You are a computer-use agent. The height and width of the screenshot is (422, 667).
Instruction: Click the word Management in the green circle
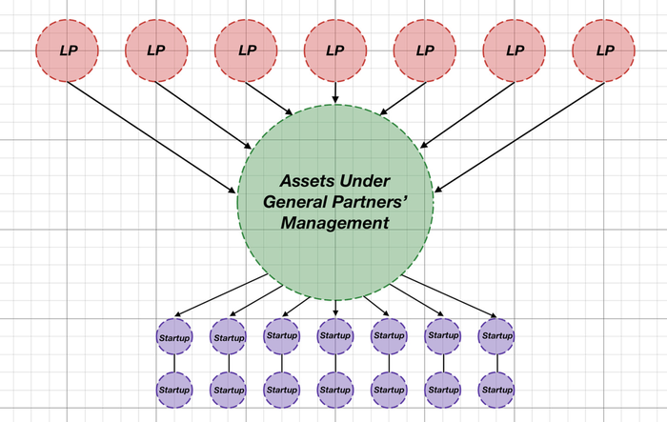click(x=335, y=223)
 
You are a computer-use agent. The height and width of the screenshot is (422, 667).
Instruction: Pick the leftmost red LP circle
click(x=68, y=50)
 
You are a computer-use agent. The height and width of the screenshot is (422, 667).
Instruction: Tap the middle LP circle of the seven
click(x=336, y=50)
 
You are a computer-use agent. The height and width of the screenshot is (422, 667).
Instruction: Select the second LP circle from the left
click(x=157, y=50)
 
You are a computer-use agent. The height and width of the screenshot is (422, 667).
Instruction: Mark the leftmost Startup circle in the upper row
click(x=173, y=336)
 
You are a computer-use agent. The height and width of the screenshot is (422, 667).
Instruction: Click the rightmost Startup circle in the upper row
click(x=496, y=336)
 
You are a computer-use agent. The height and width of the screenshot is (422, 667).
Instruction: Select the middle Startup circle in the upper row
click(x=335, y=336)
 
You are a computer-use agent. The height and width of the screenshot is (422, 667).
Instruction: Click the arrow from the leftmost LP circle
click(x=152, y=136)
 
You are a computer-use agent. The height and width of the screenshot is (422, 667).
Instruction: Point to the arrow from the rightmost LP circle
click(x=519, y=136)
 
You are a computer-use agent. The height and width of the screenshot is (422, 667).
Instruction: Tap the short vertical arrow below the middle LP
click(x=336, y=92)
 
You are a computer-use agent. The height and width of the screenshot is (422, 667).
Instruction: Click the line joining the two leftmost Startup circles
click(x=173, y=362)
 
